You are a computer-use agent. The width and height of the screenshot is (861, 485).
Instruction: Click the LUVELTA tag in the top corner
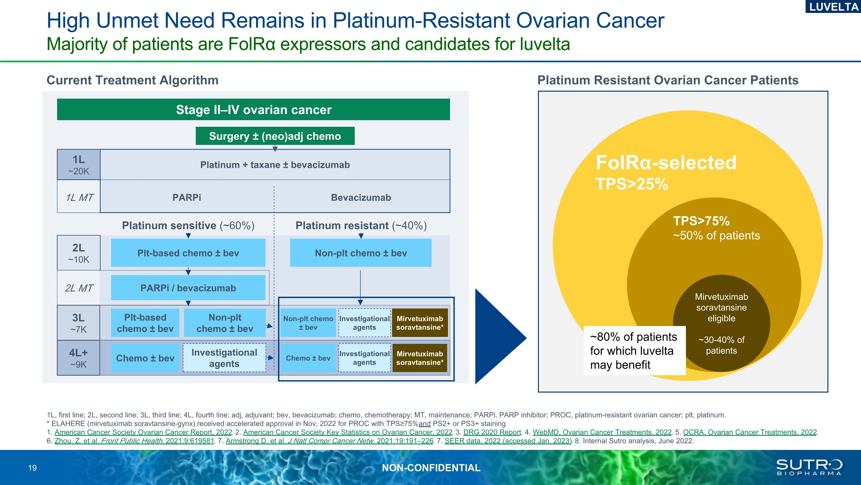pyautogui.click(x=833, y=7)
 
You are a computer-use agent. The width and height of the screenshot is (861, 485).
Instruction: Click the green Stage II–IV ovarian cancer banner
pyautogui.click(x=253, y=110)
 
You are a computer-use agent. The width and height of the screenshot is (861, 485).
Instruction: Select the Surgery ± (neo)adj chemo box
pyautogui.click(x=275, y=136)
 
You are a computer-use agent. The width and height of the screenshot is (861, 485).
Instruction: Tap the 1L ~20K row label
pyautogui.click(x=79, y=165)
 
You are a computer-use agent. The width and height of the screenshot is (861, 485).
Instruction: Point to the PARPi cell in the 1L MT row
pyautogui.click(x=187, y=198)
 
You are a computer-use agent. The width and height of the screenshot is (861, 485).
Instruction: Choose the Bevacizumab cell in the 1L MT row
pyautogui.click(x=361, y=198)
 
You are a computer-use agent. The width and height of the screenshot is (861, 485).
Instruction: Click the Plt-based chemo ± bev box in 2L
pyautogui.click(x=188, y=253)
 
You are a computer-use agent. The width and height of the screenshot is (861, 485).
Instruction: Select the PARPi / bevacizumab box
pyautogui.click(x=188, y=288)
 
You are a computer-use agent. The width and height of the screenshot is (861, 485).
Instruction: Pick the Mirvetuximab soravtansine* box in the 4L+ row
pyautogui.click(x=420, y=358)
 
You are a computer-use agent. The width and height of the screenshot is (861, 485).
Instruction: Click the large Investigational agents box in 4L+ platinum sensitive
pyautogui.click(x=224, y=358)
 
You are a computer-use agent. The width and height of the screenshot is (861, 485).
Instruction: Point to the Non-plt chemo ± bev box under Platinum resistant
pyautogui.click(x=361, y=253)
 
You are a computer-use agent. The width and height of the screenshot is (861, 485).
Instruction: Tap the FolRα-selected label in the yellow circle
pyautogui.click(x=666, y=163)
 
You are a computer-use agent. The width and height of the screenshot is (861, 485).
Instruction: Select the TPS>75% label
pyautogui.click(x=701, y=221)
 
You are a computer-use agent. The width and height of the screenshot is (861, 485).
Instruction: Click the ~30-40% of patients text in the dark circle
pyautogui.click(x=721, y=345)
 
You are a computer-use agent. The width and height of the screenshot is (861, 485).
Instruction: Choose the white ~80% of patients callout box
pyautogui.click(x=634, y=350)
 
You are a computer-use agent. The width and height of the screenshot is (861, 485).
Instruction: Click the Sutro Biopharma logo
pyautogui.click(x=809, y=467)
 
